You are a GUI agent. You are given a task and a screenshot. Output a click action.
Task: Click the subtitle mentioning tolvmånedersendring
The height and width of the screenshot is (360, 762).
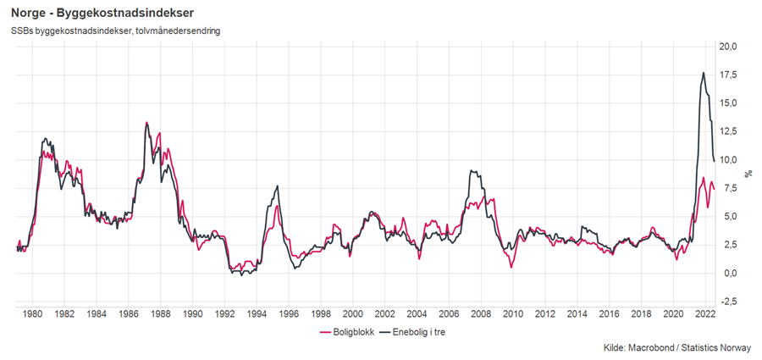(x=116, y=32)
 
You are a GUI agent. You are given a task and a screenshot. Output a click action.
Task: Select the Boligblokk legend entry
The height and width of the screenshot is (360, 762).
(x=342, y=333)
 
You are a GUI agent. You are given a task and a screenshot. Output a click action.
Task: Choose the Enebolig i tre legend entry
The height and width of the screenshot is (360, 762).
(x=411, y=333)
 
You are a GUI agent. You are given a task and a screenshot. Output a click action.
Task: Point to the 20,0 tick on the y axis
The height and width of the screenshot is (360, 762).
(x=729, y=47)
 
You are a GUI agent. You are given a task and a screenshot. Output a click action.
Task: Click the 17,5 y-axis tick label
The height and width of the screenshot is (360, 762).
(x=729, y=75)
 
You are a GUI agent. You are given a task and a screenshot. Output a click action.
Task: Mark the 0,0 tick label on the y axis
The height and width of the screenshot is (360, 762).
(x=729, y=273)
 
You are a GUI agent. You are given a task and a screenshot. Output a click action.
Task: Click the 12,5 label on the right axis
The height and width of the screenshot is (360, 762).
(x=729, y=131)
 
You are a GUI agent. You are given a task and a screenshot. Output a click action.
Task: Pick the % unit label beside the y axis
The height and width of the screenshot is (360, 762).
(x=748, y=173)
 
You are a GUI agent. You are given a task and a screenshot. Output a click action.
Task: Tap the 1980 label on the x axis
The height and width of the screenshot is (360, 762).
(x=32, y=313)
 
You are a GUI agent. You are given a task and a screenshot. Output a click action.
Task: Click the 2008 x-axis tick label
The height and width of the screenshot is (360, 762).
(x=480, y=313)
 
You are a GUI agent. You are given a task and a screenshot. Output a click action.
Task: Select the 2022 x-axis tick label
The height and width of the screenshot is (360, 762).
(x=704, y=313)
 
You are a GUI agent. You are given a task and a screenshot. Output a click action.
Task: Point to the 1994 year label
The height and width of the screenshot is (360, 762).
(x=257, y=313)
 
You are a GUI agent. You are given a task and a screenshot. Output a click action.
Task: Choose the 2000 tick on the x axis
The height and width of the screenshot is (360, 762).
(x=352, y=313)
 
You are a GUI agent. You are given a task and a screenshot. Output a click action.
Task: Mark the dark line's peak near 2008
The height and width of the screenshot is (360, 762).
(x=472, y=171)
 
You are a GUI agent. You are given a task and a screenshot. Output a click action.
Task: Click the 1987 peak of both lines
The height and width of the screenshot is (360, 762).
(x=146, y=123)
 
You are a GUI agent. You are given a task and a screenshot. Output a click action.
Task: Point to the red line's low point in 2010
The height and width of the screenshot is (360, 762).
(x=511, y=267)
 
